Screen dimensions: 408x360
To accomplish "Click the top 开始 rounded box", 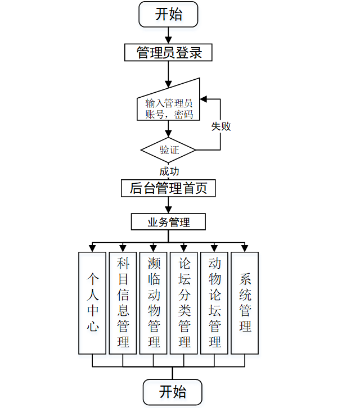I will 168,14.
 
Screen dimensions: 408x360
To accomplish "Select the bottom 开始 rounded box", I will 173,392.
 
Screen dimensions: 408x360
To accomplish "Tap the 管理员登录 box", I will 168,53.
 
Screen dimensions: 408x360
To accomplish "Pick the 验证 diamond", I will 168,150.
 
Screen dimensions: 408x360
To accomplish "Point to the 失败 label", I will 221,126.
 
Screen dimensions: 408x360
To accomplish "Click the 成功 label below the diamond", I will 169,171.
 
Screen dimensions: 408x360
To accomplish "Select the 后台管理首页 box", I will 168,188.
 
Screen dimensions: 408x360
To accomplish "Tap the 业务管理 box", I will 168,222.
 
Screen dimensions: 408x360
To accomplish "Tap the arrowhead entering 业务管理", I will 168,210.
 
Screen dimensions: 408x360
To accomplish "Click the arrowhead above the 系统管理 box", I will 245,248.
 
